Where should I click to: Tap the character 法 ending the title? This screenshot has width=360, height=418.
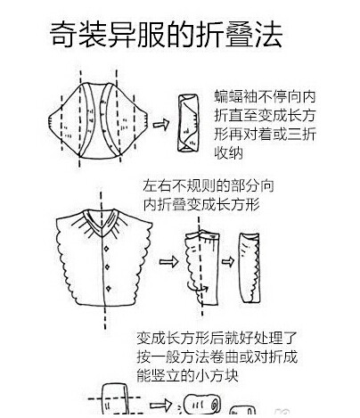pyautogui.click(x=268, y=34)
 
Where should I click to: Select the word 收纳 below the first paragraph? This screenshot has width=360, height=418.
pyautogui.click(x=229, y=153)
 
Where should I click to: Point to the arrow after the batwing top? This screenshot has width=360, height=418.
pyautogui.click(x=160, y=124)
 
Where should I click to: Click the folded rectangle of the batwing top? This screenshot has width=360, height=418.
pyautogui.click(x=188, y=123)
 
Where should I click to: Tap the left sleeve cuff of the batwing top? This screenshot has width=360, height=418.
pyautogui.click(x=53, y=122)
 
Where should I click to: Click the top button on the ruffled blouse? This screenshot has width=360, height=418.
pyautogui.click(x=106, y=248)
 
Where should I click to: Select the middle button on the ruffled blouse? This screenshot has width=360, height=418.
pyautogui.click(x=107, y=266)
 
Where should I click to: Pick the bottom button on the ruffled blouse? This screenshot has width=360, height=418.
pyautogui.click(x=109, y=288)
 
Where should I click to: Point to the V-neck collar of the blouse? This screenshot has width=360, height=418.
pyautogui.click(x=102, y=222)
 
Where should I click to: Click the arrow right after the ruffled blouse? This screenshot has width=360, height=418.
pyautogui.click(x=168, y=262)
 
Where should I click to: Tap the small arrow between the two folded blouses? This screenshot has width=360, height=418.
pyautogui.click(x=228, y=261)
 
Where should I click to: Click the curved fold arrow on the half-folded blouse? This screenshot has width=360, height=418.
pyautogui.click(x=196, y=287)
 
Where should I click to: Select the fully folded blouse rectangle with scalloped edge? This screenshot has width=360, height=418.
pyautogui.click(x=250, y=268)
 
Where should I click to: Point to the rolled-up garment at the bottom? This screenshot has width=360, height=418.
pyautogui.click(x=202, y=405)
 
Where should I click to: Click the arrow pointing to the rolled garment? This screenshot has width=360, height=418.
pyautogui.click(x=160, y=405)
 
